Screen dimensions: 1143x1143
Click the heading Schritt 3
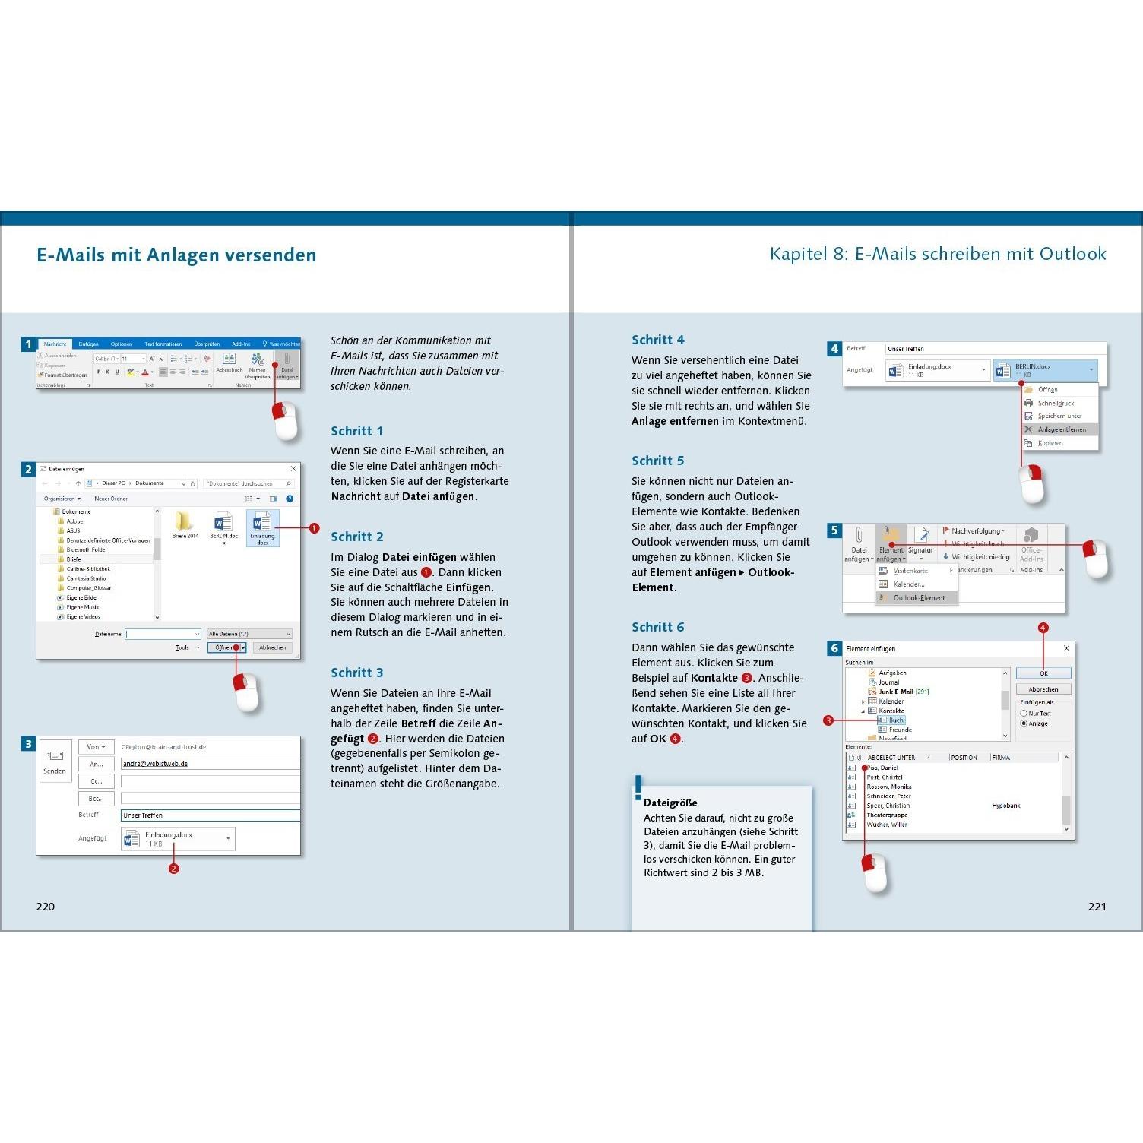(x=356, y=673)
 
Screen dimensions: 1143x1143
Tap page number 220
(x=46, y=906)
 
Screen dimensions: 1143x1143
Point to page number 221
(x=1097, y=906)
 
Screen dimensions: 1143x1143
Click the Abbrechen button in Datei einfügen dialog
(x=272, y=647)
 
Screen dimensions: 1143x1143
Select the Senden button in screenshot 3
(x=55, y=761)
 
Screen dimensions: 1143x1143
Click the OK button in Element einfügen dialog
(x=1043, y=673)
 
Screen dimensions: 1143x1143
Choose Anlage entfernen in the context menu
(x=1061, y=429)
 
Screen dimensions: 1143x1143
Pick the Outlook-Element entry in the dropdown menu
(x=918, y=598)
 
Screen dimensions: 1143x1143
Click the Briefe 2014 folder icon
(x=185, y=523)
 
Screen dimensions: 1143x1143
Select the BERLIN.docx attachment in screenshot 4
(x=1045, y=370)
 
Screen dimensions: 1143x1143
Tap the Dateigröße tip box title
(x=670, y=803)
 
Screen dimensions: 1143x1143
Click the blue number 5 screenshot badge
(x=834, y=530)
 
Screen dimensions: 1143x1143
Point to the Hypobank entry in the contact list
(x=1006, y=806)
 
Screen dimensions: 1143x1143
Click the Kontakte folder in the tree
(x=891, y=711)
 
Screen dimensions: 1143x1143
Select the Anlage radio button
(x=1024, y=723)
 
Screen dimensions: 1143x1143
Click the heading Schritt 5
(x=657, y=461)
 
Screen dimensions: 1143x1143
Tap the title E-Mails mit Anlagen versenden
(x=176, y=255)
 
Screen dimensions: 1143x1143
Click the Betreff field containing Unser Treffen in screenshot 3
(x=210, y=815)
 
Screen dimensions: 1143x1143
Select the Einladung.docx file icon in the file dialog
(x=262, y=524)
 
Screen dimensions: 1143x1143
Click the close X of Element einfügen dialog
(x=1066, y=648)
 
